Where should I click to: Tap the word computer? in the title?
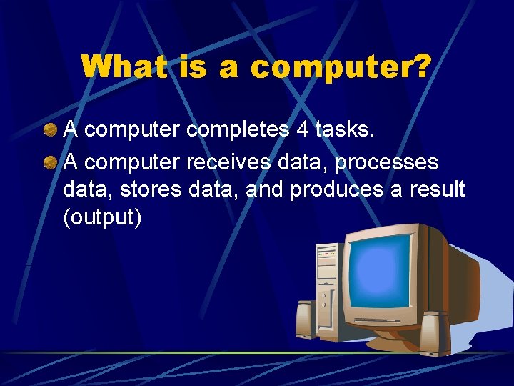[x=341, y=69]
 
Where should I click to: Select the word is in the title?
[x=188, y=67]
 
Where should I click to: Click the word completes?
[x=238, y=130]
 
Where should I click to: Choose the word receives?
[x=228, y=162]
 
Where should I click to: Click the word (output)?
[x=102, y=217]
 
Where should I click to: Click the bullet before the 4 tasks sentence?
[x=49, y=130]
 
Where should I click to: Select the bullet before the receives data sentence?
[x=49, y=162]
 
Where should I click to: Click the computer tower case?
[x=327, y=286]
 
